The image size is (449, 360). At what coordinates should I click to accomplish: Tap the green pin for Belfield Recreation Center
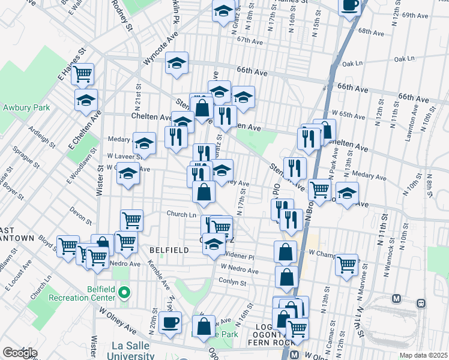(124, 293)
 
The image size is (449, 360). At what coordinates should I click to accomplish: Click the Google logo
(19, 352)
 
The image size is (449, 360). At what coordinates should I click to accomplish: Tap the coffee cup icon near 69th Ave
(349, 6)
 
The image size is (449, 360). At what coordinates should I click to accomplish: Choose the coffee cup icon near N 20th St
(170, 323)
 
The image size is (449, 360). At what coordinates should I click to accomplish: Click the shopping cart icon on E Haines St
(83, 74)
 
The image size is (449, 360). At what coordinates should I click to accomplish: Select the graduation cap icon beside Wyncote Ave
(177, 63)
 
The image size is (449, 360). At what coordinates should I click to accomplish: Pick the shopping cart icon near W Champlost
(346, 265)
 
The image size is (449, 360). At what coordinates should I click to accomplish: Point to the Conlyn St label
(232, 282)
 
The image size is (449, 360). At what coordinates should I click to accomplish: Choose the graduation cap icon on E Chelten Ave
(86, 100)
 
